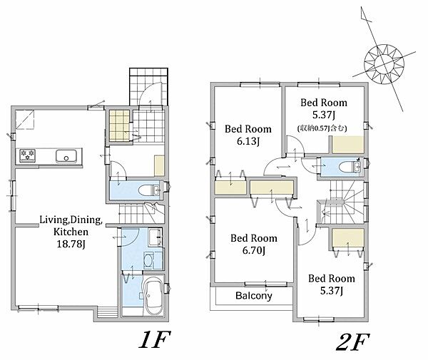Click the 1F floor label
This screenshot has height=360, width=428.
pos(155,339)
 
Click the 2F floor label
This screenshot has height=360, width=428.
pos(353,341)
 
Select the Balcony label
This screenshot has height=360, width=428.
pos(253,296)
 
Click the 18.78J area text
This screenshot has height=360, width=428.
pos(71,244)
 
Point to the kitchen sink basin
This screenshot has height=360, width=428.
pos(66,156)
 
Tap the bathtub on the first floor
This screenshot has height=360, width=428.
pos(153,296)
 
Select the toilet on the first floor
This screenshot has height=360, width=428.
pos(149,190)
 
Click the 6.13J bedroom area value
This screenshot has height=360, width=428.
pos(248,141)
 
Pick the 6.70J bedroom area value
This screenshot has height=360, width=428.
pos(253,250)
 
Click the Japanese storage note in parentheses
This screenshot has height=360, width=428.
pos(322,128)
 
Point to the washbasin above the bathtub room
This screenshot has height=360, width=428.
pos(155,237)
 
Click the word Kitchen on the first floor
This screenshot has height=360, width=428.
pos(71,232)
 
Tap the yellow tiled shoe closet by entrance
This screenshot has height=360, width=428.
pos(119,125)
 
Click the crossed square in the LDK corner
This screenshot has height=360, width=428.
pos(25,119)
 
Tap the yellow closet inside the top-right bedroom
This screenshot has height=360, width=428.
pos(348,145)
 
